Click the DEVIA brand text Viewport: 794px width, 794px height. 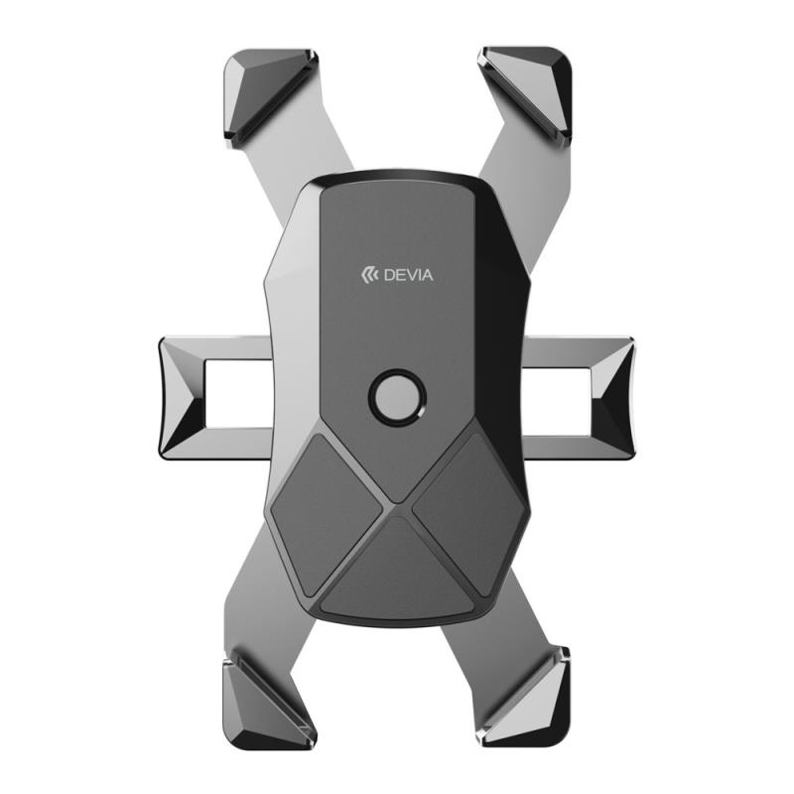click(x=408, y=276)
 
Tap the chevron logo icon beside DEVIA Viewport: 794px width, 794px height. click(x=370, y=275)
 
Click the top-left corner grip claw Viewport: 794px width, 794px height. click(x=268, y=96)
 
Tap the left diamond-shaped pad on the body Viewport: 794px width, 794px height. click(x=326, y=514)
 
